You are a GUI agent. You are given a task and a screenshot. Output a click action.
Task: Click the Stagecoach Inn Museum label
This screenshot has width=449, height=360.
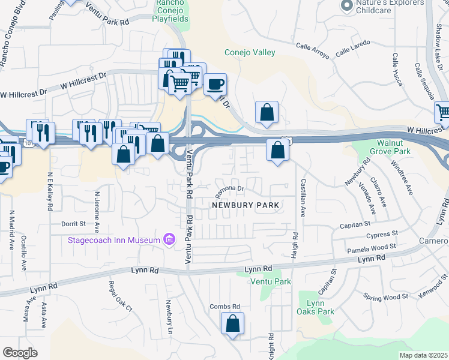pyautogui.click(x=113, y=241)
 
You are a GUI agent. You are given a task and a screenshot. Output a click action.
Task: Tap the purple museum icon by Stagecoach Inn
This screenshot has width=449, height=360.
pyautogui.click(x=169, y=241)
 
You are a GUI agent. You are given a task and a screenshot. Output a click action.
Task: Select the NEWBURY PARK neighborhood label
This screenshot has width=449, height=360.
pyautogui.click(x=245, y=205)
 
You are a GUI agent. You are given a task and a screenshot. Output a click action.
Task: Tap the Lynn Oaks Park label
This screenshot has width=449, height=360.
pyautogui.click(x=316, y=307)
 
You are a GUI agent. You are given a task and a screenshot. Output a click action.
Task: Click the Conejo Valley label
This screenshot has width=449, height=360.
pyautogui.click(x=250, y=53)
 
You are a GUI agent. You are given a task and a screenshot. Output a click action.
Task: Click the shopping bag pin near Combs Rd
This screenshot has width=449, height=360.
pyautogui.click(x=232, y=324)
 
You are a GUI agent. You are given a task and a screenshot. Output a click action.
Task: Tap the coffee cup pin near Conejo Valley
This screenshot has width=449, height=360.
pyautogui.click(x=215, y=85)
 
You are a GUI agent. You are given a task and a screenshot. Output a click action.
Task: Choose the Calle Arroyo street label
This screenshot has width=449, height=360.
pyautogui.click(x=313, y=50)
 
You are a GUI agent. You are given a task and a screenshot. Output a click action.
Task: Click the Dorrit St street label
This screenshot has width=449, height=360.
pyautogui.click(x=74, y=224)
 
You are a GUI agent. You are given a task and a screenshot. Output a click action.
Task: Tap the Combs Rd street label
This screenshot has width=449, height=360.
pyautogui.click(x=224, y=307)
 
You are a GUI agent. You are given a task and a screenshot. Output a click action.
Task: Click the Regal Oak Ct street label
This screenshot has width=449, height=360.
pyautogui.click(x=119, y=296)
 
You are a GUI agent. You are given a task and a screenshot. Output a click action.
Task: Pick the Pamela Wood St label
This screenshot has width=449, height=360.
pyautogui.click(x=371, y=247)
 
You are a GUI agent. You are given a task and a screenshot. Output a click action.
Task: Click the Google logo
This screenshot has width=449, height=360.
pyautogui.click(x=20, y=353)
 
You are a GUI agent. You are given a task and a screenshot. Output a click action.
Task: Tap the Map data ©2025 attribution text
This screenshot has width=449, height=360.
pyautogui.click(x=423, y=355)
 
